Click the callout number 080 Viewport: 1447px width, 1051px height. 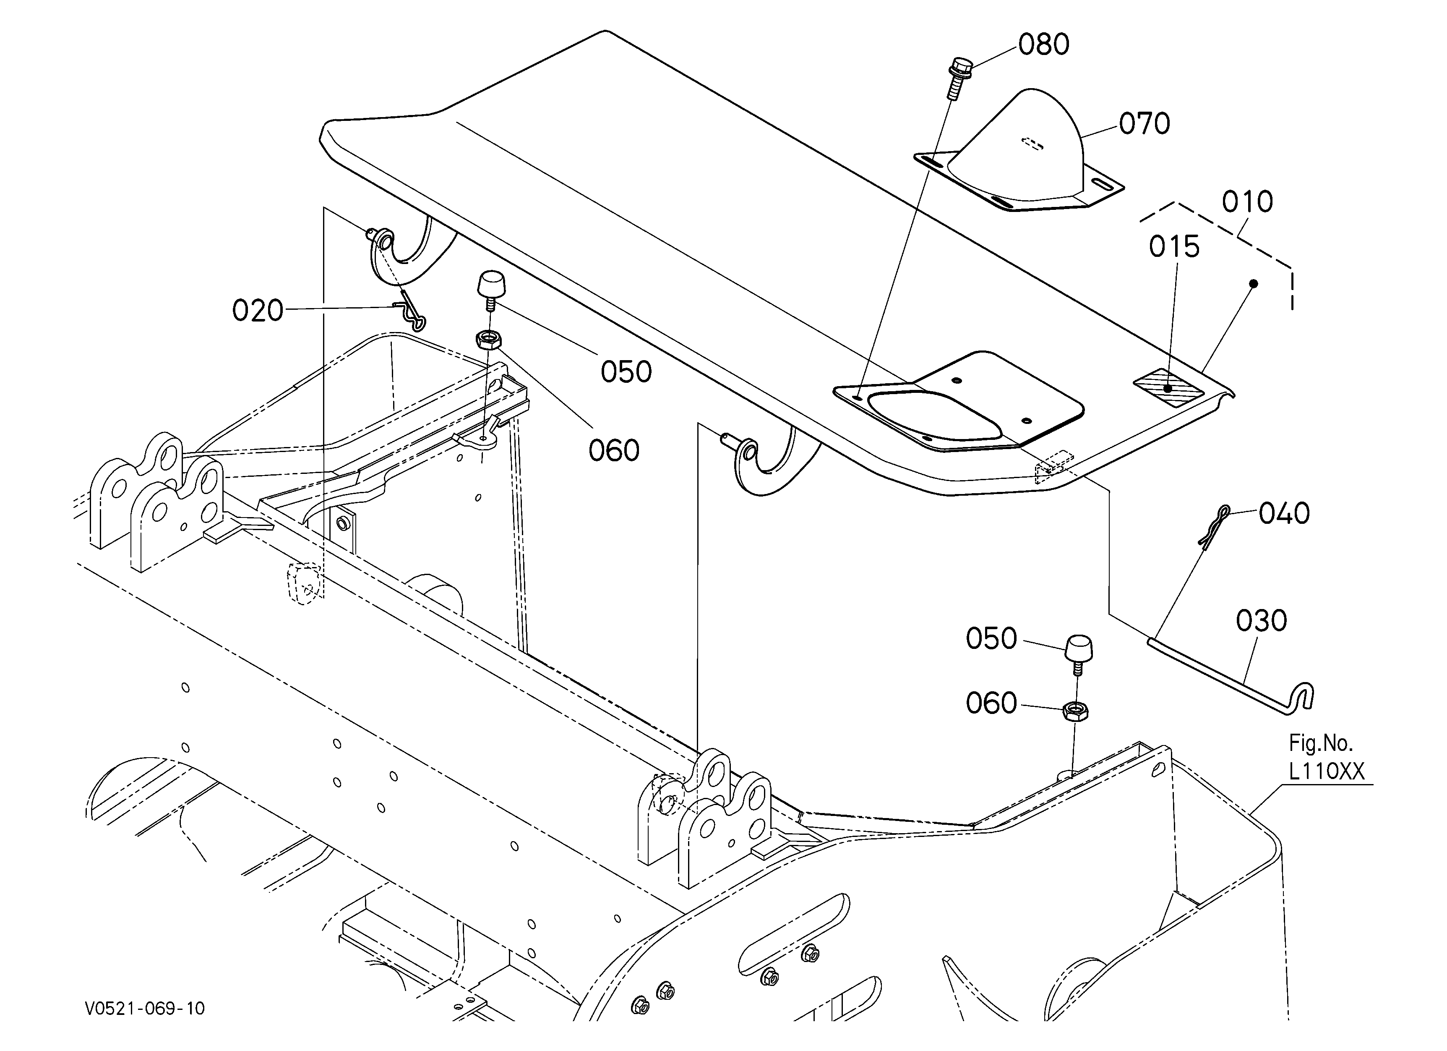pos(1044,44)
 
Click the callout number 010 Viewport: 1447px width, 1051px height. pos(1247,201)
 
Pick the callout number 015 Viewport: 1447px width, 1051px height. pos(1175,247)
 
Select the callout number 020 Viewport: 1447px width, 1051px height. pos(258,311)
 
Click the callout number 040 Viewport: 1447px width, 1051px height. pos(1284,513)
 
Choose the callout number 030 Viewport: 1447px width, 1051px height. pos(1261,621)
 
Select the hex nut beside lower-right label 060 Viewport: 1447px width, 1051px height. pos(1076,710)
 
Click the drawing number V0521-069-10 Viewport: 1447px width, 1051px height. pos(146,1008)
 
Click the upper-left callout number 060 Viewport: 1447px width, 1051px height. pos(614,450)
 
